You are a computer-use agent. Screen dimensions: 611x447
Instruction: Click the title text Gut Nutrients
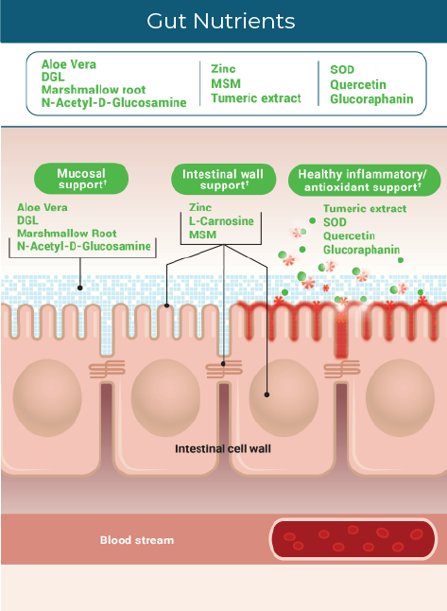click(222, 21)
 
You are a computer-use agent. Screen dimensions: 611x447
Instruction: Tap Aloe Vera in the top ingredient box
click(69, 64)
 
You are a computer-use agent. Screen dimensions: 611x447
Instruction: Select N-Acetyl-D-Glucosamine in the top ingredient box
click(113, 102)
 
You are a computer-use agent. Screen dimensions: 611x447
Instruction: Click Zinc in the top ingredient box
click(224, 69)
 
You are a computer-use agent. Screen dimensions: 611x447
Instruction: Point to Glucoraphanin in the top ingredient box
click(371, 98)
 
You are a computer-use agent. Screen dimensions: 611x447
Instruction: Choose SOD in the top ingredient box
click(342, 69)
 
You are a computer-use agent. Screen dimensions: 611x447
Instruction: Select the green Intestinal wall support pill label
click(223, 178)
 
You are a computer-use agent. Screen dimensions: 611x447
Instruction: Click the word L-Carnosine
click(222, 219)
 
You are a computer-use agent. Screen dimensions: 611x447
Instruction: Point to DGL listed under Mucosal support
click(28, 219)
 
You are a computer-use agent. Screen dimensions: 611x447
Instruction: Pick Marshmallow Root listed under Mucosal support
click(67, 233)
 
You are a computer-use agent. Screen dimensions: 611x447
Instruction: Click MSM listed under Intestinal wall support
click(202, 234)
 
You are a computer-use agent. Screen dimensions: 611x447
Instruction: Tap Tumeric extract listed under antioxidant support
click(365, 208)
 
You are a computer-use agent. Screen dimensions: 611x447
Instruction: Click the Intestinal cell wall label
click(223, 448)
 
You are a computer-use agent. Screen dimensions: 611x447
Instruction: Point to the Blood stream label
click(137, 540)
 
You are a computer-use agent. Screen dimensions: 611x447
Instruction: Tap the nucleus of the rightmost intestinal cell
click(401, 387)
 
